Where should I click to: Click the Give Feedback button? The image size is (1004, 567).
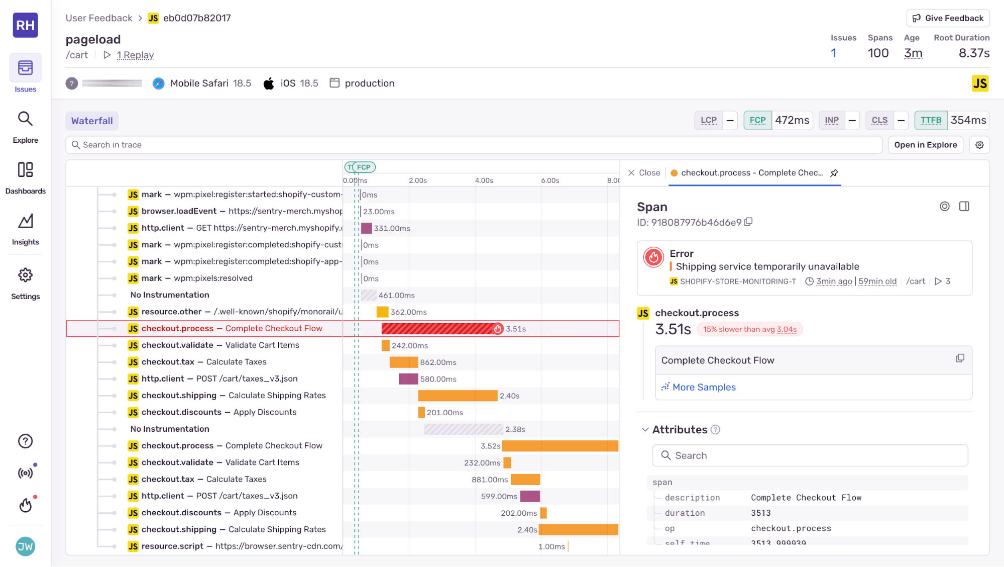click(947, 18)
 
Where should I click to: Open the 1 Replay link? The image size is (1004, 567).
click(135, 55)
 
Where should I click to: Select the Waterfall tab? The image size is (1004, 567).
click(92, 121)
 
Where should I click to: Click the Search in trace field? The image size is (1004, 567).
click(472, 145)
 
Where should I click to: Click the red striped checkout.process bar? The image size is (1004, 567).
click(437, 329)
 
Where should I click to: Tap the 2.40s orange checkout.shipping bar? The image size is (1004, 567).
click(457, 396)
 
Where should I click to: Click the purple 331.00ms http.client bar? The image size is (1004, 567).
click(366, 228)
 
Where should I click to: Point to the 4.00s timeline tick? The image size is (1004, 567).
click(484, 180)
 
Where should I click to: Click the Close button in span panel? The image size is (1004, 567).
click(644, 173)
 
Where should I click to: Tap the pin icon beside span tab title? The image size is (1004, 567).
click(834, 173)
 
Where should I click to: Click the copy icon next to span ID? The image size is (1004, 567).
click(748, 222)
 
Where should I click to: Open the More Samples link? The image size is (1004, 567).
click(703, 387)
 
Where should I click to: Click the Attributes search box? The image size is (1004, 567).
click(810, 455)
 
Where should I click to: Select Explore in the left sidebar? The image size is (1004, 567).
click(25, 127)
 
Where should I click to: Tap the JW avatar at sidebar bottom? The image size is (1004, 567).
click(25, 546)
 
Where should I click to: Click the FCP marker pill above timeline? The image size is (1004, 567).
click(364, 167)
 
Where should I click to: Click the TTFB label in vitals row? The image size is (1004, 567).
click(931, 120)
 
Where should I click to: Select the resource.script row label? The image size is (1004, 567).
click(172, 546)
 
